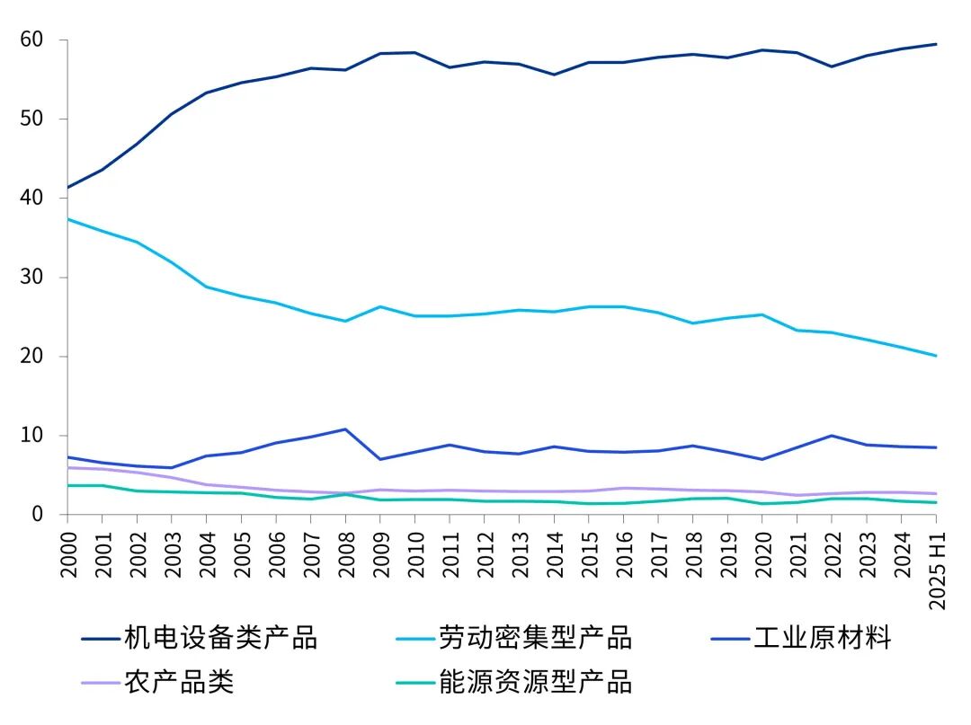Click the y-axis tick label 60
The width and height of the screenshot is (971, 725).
31,40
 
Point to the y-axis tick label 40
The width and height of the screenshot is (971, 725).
31,199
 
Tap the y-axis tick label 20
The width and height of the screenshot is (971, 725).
31,357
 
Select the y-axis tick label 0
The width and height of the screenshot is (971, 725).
37,515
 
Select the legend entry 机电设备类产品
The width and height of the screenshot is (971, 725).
220,639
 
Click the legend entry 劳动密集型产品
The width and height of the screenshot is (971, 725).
535,639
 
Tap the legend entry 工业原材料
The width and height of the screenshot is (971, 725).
822,639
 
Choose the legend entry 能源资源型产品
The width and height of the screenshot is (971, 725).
535,682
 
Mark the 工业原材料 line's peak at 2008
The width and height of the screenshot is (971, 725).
345,429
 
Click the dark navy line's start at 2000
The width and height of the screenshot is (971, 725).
68,188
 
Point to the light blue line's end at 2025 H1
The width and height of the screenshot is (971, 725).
936,356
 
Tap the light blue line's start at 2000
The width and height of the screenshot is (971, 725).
68,219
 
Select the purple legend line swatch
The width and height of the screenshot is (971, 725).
100,683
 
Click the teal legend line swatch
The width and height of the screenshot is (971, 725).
414,683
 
